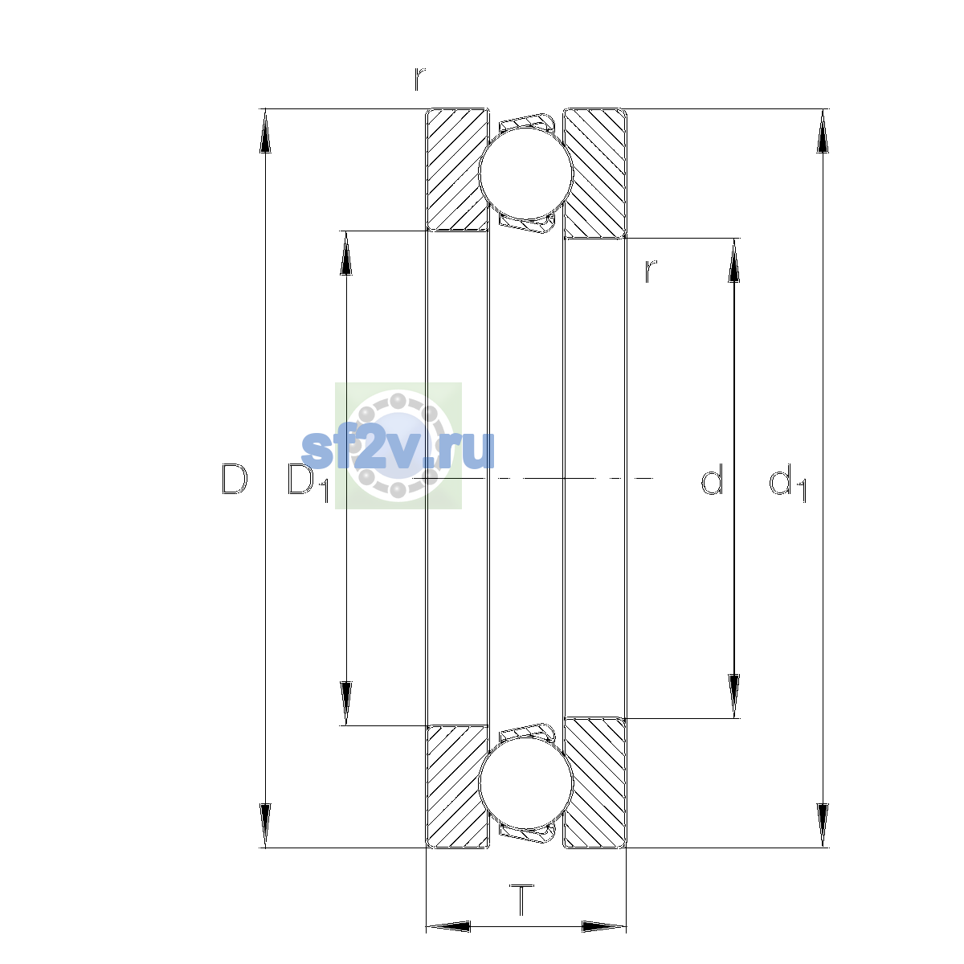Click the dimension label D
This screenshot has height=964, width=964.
(234, 480)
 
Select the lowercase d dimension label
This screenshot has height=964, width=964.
(712, 479)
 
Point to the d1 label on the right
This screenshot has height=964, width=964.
(788, 482)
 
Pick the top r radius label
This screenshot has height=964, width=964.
(419, 79)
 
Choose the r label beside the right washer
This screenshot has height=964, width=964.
(650, 272)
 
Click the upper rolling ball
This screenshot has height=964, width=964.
(525, 173)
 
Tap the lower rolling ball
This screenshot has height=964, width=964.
(525, 784)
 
